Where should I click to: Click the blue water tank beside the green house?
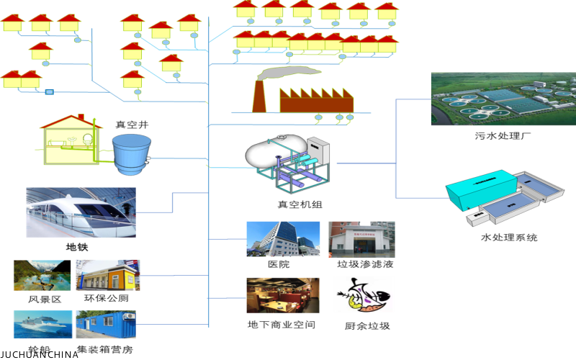132,153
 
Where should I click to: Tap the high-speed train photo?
81,212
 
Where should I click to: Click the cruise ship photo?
42,325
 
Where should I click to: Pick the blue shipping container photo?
106,325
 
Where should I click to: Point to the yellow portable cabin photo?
108,276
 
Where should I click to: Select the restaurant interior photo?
282,295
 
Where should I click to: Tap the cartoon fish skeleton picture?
364,294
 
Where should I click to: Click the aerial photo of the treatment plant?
503,99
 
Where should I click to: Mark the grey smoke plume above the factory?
288,72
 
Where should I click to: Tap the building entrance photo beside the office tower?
361,239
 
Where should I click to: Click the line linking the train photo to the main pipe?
172,202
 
